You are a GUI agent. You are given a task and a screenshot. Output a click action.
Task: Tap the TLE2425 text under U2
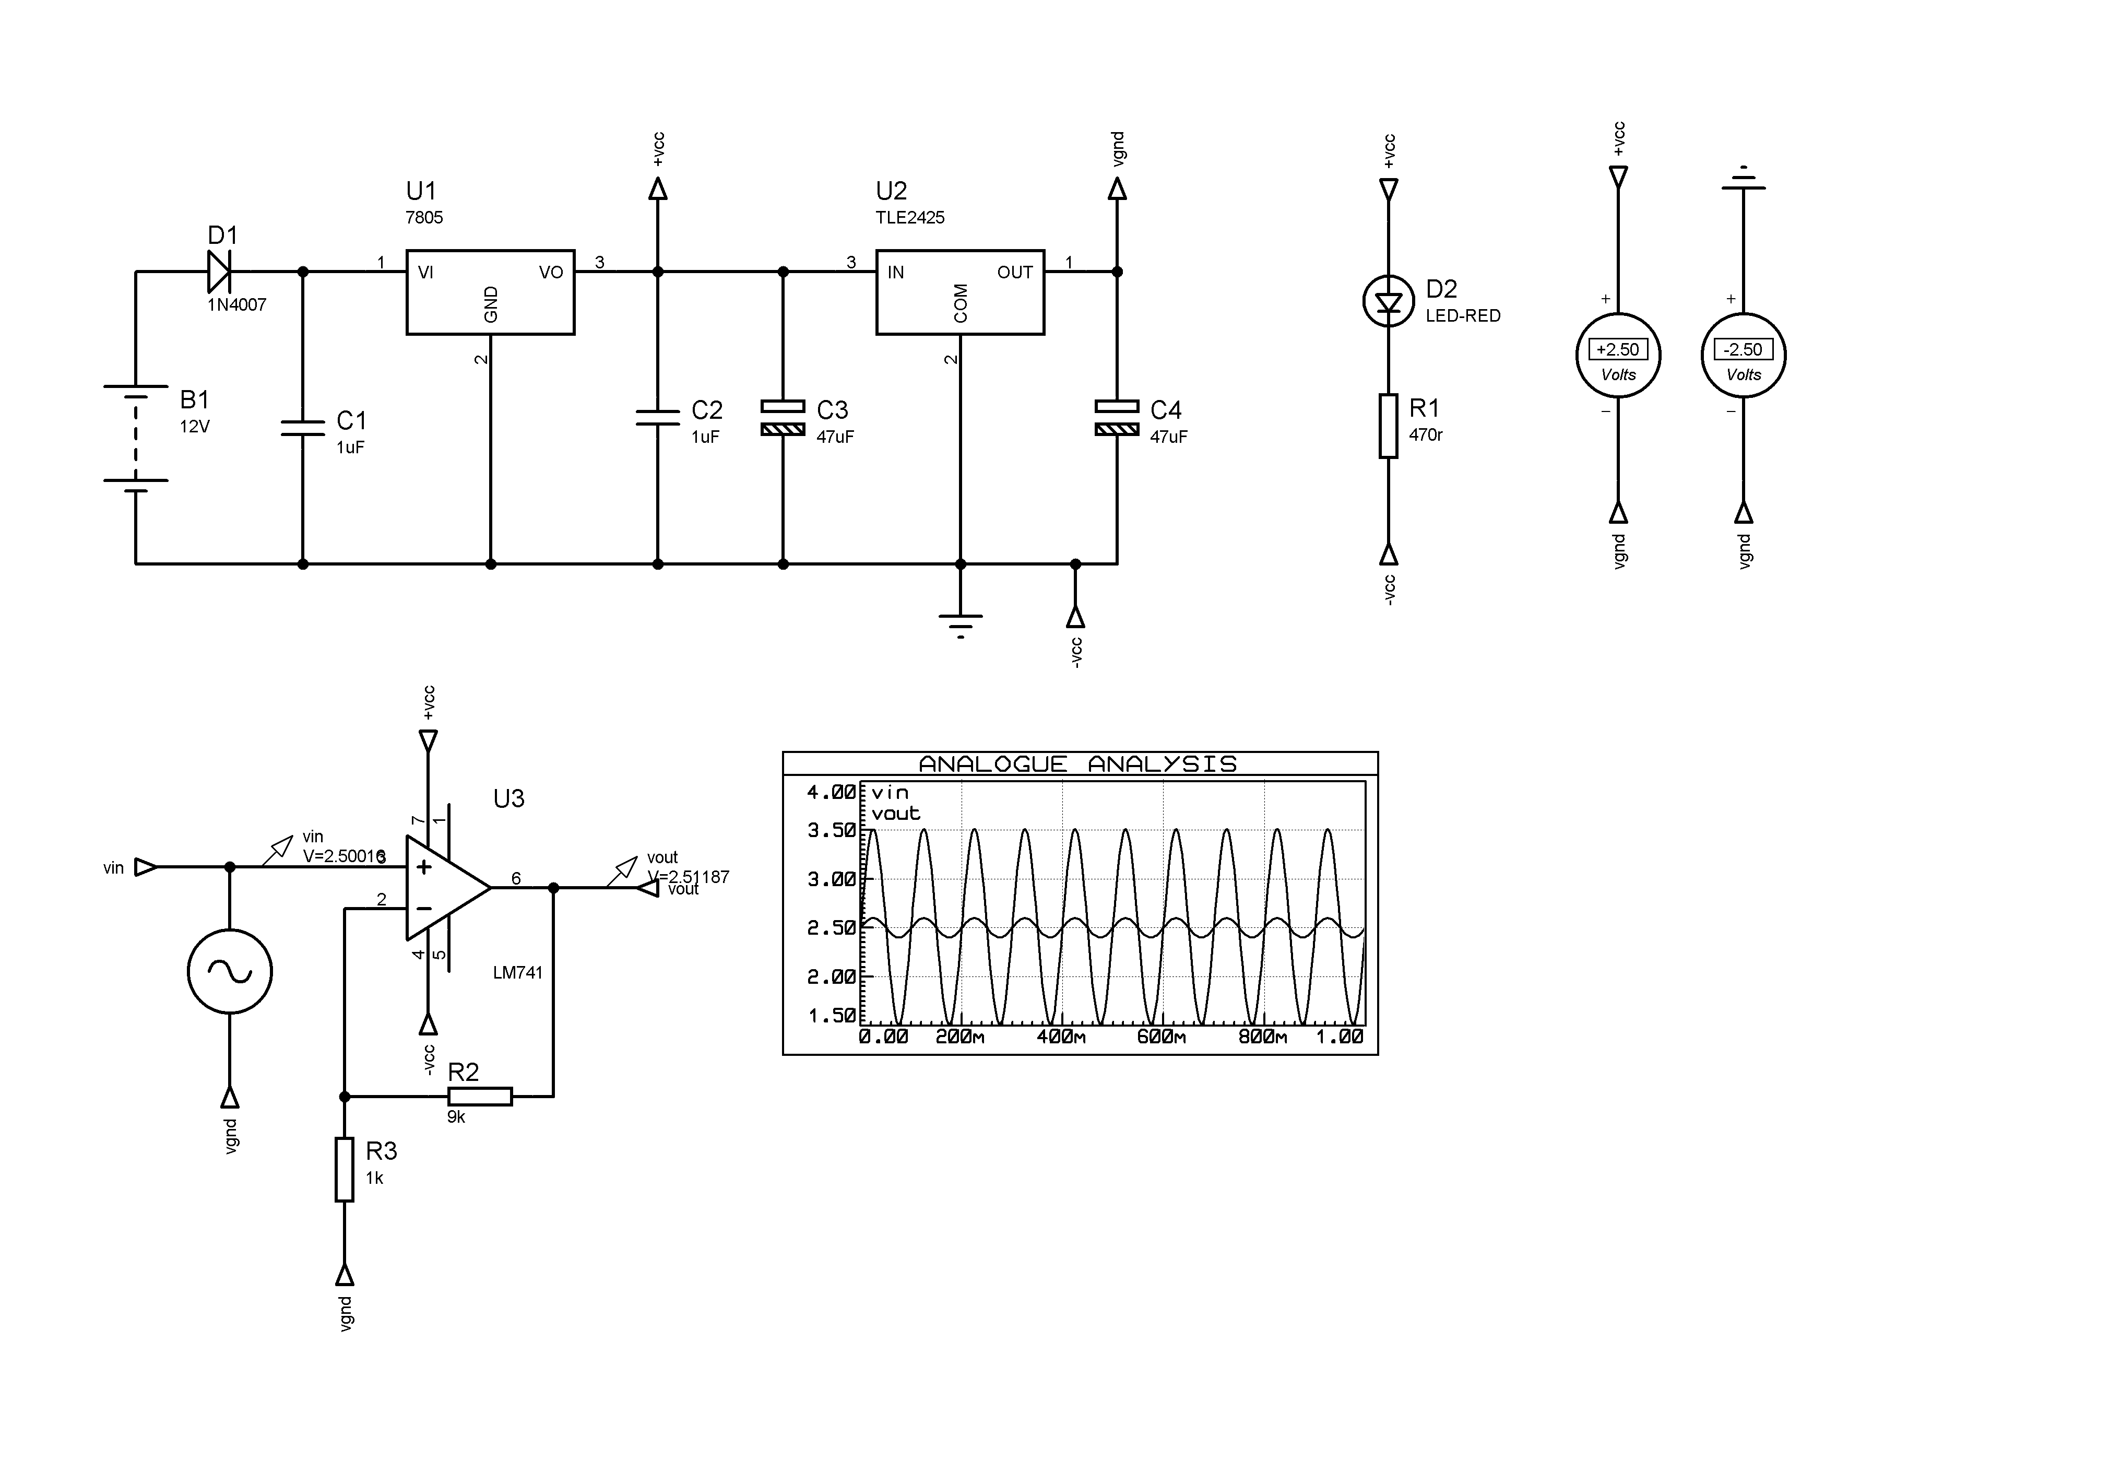coord(909,218)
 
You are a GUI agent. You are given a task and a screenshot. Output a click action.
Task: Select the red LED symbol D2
coord(1388,301)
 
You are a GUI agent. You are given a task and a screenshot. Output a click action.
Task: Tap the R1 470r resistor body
coord(1388,426)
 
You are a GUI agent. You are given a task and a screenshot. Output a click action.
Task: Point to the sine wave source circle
coord(230,971)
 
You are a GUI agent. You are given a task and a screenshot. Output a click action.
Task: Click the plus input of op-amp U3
coord(423,866)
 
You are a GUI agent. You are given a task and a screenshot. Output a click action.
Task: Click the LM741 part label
coord(517,973)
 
